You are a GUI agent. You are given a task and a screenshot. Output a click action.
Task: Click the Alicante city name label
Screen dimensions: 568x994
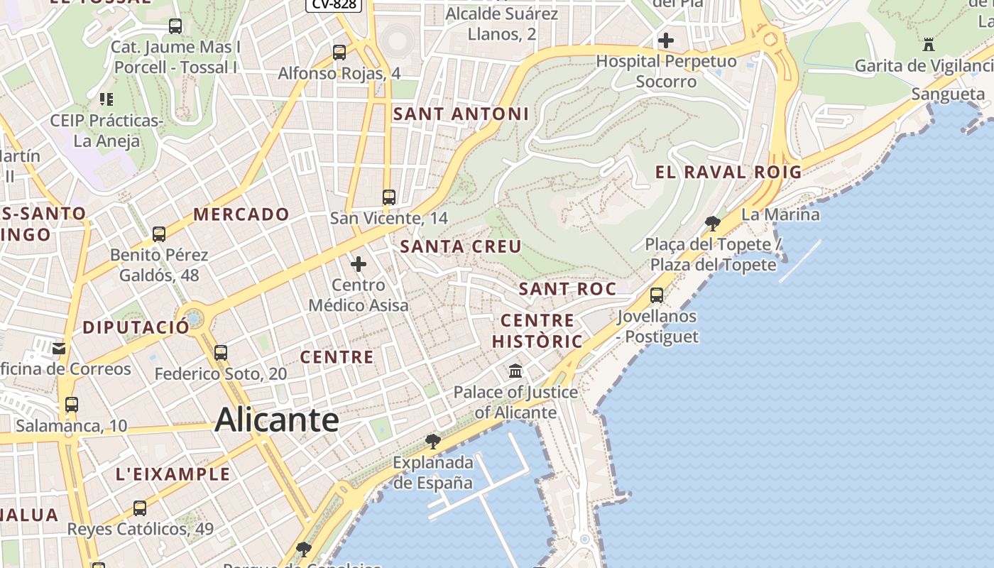pos(277,420)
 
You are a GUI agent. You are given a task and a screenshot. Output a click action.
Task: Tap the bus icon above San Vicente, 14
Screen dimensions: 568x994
pos(388,197)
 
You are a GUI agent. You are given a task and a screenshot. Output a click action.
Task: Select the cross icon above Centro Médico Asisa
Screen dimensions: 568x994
pos(359,264)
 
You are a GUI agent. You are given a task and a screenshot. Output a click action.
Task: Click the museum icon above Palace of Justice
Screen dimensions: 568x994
pos(515,371)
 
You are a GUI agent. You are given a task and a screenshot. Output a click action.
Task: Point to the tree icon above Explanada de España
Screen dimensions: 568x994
pos(432,442)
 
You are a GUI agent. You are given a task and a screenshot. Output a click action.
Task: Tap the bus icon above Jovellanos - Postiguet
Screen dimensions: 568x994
pos(657,295)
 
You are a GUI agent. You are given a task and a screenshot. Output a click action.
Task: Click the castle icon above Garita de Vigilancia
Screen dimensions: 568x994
pos(928,45)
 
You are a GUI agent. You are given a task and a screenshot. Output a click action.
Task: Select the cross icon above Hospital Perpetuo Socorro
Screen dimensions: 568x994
pos(666,40)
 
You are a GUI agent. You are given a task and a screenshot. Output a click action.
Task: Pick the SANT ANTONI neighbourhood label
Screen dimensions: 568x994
pos(461,114)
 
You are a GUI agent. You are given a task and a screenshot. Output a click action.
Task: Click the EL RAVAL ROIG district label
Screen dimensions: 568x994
pos(728,172)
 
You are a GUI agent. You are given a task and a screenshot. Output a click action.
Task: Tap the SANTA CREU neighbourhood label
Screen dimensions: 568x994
pos(461,246)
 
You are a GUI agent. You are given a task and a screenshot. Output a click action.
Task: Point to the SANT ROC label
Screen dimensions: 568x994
pos(567,289)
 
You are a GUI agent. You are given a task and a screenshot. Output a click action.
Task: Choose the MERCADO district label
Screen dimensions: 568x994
pos(241,214)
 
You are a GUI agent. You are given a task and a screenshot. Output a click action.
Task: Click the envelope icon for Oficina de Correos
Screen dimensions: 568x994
pos(58,348)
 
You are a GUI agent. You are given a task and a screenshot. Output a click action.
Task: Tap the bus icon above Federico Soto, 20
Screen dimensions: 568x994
pos(221,352)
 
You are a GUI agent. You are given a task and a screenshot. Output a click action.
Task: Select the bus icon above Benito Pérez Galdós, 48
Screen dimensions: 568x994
pos(159,234)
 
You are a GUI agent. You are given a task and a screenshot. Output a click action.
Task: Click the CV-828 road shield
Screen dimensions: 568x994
pos(334,4)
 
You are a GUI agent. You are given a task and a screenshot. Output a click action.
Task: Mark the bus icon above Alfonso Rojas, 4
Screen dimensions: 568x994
pos(339,52)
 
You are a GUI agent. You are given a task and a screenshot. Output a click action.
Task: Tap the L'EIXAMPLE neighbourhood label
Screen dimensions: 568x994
pos(173,474)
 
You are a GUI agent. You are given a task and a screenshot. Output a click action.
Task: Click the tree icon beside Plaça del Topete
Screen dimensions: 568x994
pos(713,224)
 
